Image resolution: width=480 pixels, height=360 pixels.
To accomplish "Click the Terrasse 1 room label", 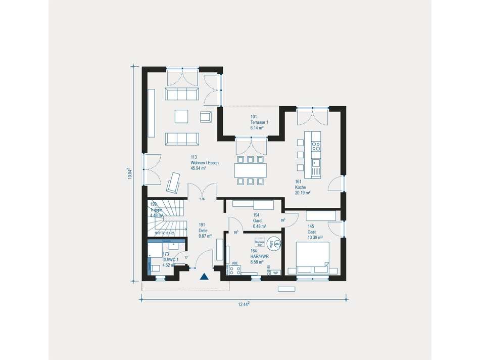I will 259,122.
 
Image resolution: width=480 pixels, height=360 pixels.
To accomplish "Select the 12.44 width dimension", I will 245,303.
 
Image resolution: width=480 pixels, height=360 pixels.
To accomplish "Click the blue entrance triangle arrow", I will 204,276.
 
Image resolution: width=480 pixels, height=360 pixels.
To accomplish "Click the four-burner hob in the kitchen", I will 316,147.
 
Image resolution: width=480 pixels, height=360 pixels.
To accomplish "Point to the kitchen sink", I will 316,163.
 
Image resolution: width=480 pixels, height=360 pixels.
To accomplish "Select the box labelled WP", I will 276,273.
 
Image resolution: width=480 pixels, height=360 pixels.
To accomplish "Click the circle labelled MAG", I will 278,244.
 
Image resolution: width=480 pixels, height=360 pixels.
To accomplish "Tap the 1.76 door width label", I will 202,199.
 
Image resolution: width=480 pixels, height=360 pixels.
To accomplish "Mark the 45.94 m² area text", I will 199,168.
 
